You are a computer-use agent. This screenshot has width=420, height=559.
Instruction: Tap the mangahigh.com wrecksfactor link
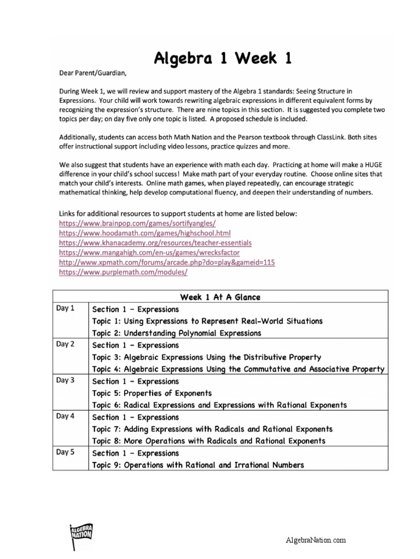pyautogui.click(x=149, y=252)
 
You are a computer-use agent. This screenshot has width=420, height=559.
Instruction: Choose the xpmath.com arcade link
pyautogui.click(x=166, y=262)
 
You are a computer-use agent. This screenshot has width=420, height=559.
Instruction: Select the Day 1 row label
pyautogui.click(x=65, y=308)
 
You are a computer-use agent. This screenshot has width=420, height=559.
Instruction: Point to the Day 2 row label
pyautogui.click(x=65, y=344)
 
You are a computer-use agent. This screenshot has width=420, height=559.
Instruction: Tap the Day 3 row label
pyautogui.click(x=65, y=380)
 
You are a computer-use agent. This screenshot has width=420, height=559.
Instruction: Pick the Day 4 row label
pyautogui.click(x=65, y=417)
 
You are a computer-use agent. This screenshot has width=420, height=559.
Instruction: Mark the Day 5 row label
pyautogui.click(x=65, y=453)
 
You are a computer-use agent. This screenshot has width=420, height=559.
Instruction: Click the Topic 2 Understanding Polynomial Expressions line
pyautogui.click(x=177, y=333)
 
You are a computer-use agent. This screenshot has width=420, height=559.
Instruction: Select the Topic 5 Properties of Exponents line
pyautogui.click(x=152, y=393)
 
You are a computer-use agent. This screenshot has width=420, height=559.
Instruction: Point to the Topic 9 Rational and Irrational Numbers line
pyautogui.click(x=198, y=465)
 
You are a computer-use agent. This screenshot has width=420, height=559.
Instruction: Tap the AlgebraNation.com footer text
pyautogui.click(x=317, y=540)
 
